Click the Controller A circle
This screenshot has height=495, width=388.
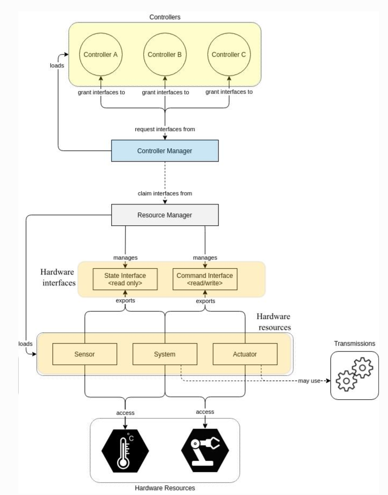tap(100, 55)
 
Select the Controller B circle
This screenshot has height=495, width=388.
tap(165, 55)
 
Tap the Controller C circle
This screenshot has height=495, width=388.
tap(229, 55)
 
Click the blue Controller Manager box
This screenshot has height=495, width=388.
tap(165, 151)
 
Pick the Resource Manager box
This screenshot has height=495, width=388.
tap(165, 215)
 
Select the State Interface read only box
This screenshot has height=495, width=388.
tap(125, 279)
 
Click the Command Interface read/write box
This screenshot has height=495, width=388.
tap(205, 279)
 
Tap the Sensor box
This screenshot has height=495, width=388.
tap(84, 354)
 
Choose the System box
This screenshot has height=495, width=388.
tap(165, 354)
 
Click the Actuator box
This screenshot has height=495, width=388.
tap(245, 354)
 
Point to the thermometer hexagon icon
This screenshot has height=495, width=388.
tap(125, 451)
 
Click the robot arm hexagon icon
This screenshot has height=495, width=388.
tap(205, 450)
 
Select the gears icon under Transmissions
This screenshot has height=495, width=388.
tap(354, 375)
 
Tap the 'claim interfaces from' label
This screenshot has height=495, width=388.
tap(165, 193)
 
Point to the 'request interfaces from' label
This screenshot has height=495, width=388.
tap(165, 129)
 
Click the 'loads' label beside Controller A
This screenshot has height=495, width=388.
tap(57, 65)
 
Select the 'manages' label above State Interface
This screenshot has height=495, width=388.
tap(126, 257)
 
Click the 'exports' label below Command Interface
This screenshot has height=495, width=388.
tap(206, 301)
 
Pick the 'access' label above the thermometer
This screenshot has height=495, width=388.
tap(125, 413)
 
